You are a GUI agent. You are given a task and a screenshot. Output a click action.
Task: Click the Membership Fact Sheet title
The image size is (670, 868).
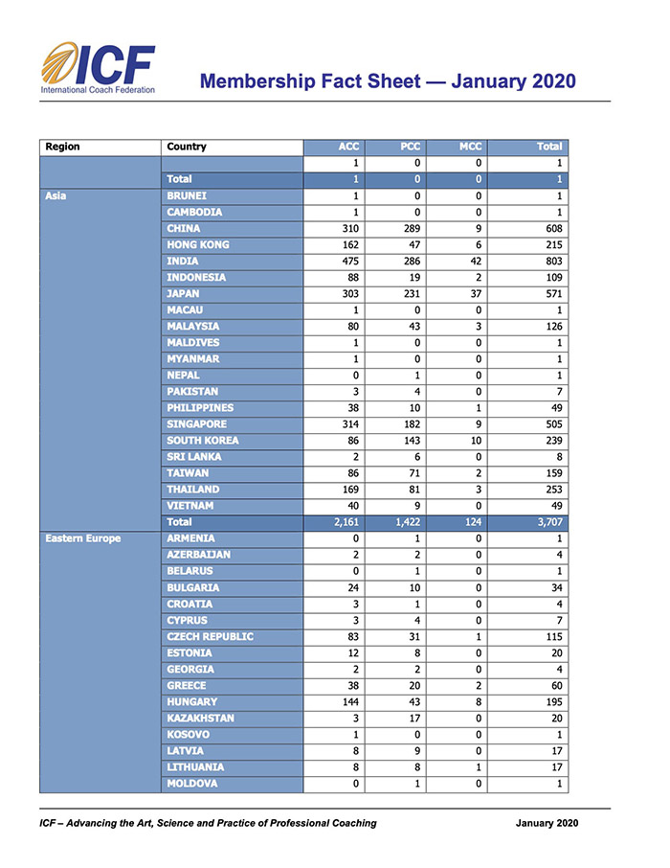(388, 80)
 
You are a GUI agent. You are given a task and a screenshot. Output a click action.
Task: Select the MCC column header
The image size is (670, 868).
(470, 147)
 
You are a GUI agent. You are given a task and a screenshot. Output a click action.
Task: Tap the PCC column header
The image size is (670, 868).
(410, 147)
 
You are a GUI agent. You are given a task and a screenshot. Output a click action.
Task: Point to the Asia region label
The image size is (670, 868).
(54, 195)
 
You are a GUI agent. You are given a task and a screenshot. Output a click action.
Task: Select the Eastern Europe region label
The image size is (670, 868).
(83, 538)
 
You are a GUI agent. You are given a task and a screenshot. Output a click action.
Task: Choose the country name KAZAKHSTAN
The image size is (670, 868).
(201, 718)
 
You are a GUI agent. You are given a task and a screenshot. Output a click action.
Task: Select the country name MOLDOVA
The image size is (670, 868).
(192, 783)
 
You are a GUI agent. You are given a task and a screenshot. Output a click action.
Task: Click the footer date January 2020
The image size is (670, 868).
(547, 823)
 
